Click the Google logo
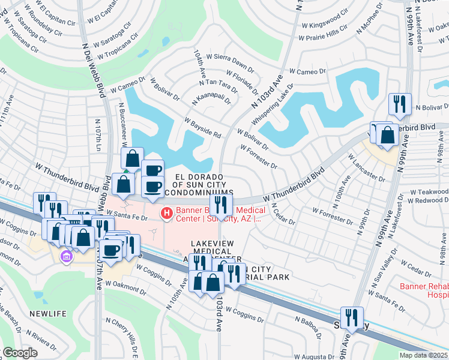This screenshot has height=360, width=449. [20, 353]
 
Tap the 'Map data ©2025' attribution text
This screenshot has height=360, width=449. [423, 355]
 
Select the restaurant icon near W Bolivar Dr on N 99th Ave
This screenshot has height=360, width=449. [399, 103]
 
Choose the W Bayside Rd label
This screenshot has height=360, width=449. [203, 127]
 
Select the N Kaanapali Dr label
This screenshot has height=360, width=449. [211, 100]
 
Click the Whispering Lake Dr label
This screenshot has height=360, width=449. [271, 103]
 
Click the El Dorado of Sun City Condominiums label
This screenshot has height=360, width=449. [200, 184]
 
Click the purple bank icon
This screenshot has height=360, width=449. [66, 257]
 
